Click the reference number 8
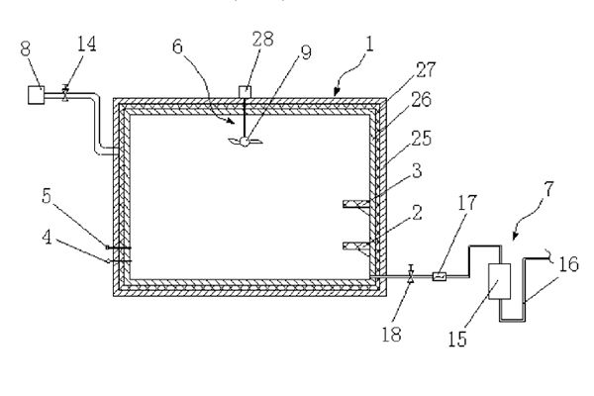(x=26, y=49)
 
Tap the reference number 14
(x=87, y=44)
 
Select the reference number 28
(x=263, y=39)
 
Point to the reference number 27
(x=426, y=69)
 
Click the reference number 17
(x=466, y=203)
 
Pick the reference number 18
(x=391, y=335)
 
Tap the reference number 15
(x=457, y=339)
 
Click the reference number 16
(x=568, y=264)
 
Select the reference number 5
(x=47, y=196)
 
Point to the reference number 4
(x=47, y=238)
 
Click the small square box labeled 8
(x=37, y=95)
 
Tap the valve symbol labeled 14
(x=65, y=93)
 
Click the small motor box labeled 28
(x=245, y=92)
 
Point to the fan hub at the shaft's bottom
(x=246, y=142)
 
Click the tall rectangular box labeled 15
(x=499, y=282)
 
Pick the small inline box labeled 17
(x=440, y=276)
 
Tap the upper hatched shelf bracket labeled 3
(x=356, y=204)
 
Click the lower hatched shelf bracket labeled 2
(x=356, y=246)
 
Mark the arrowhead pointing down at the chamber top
(x=336, y=92)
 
